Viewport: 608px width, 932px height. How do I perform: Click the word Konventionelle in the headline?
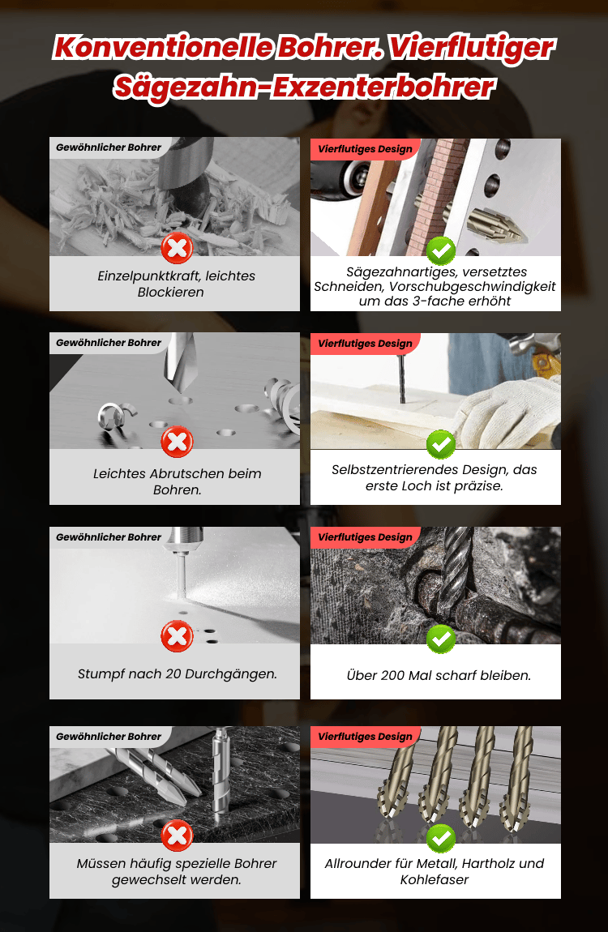(x=163, y=48)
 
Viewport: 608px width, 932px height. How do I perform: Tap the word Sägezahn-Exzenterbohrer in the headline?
(x=304, y=88)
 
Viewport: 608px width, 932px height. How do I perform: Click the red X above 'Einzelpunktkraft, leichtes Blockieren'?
(x=177, y=249)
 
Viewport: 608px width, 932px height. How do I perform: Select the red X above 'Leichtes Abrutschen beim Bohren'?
(x=177, y=442)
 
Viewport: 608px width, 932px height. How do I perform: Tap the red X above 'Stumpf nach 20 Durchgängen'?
(x=177, y=636)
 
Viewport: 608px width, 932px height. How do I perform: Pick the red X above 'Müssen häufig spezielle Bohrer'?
(x=177, y=836)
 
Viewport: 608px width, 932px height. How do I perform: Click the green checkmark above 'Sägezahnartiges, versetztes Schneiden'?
(x=441, y=250)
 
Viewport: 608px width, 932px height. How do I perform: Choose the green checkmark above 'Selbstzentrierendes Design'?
(x=441, y=444)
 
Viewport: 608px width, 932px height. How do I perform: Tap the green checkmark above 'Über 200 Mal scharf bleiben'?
(x=441, y=639)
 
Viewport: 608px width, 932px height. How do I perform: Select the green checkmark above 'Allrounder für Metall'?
(x=441, y=838)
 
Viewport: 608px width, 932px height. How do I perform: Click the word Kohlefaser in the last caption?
(x=435, y=879)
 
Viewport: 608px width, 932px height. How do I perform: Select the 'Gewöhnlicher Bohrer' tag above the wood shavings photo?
(x=109, y=147)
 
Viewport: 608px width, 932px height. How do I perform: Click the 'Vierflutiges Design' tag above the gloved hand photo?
(x=365, y=344)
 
